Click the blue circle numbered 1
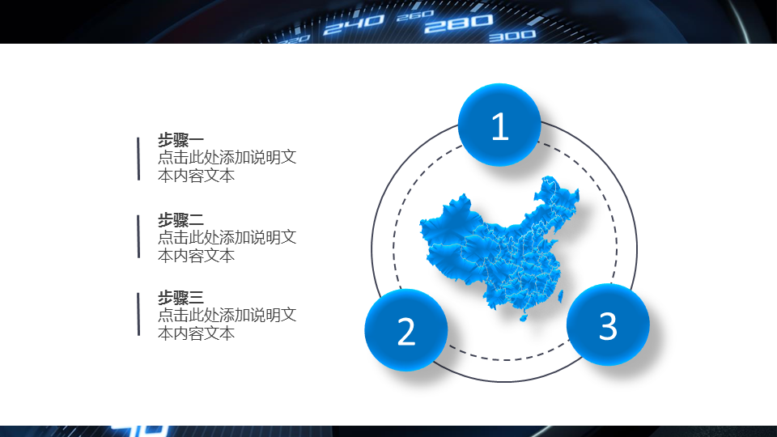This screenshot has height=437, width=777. pyautogui.click(x=499, y=125)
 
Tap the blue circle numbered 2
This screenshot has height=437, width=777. pyautogui.click(x=406, y=330)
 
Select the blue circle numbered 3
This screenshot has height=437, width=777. pyautogui.click(x=608, y=325)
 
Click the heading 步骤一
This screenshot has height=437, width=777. pyautogui.click(x=180, y=140)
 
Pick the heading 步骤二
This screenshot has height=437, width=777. pyautogui.click(x=180, y=219)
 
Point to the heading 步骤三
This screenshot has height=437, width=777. pyautogui.click(x=180, y=297)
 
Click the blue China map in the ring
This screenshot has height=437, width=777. pyautogui.click(x=499, y=248)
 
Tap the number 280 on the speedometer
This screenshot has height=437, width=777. pyautogui.click(x=458, y=23)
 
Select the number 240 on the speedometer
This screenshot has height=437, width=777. pyautogui.click(x=354, y=25)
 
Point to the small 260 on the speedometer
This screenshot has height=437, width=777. pyautogui.click(x=415, y=16)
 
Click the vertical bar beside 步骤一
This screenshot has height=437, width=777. pyautogui.click(x=138, y=159)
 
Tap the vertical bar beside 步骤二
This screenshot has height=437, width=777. pyautogui.click(x=138, y=236)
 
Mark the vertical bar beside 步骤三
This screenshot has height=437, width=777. pyautogui.click(x=138, y=315)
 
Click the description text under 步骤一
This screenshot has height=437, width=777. pyautogui.click(x=227, y=167)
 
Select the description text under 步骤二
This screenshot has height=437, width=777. pyautogui.click(x=227, y=246)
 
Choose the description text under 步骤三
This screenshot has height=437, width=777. pyautogui.click(x=227, y=324)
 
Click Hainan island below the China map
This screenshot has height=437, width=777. pyautogui.click(x=524, y=316)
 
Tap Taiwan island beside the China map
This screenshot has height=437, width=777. pyautogui.click(x=560, y=297)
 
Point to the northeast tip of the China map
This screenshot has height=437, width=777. pyautogui.click(x=578, y=191)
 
